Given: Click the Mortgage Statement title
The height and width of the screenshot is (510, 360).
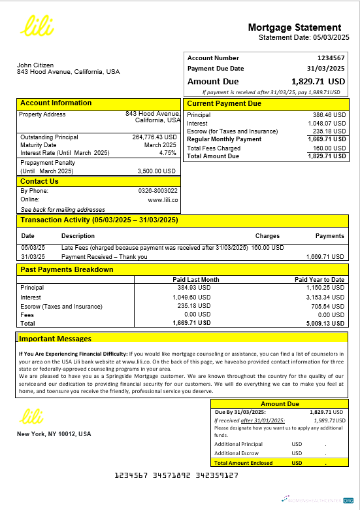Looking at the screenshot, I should click(x=294, y=27).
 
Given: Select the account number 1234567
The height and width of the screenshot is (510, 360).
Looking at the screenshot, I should click(x=331, y=58).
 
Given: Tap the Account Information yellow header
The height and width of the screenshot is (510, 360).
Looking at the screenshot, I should click(x=56, y=103).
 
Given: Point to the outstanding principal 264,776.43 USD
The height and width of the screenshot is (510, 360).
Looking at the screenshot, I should click(x=154, y=137).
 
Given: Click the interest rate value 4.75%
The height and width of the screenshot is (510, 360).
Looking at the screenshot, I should click(x=168, y=152).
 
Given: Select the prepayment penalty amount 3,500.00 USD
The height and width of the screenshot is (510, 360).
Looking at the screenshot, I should click(x=157, y=171).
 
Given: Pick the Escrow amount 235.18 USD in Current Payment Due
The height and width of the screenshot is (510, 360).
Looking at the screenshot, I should click(x=329, y=131).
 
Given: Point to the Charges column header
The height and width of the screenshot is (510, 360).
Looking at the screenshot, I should click(x=267, y=236).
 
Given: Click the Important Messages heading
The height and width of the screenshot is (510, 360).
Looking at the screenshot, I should click(x=55, y=339).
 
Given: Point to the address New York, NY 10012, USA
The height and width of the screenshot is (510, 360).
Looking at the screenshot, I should click(x=54, y=434).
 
